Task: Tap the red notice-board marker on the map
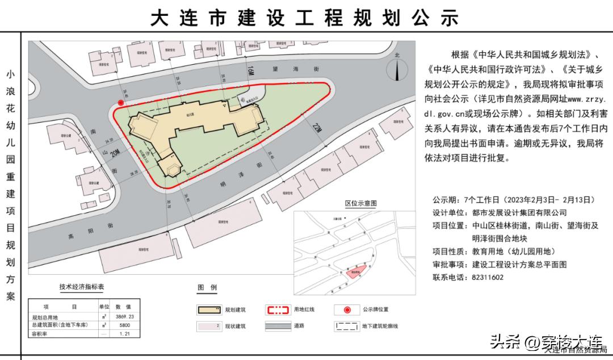click(x=121, y=103)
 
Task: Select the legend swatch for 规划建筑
click(x=209, y=310)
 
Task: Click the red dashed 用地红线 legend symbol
click(x=278, y=310)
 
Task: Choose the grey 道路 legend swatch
click(x=278, y=326)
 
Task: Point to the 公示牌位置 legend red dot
click(x=347, y=310)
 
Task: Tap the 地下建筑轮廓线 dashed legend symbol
click(x=347, y=326)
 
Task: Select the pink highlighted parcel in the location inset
click(x=356, y=271)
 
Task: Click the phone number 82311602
click(x=488, y=277)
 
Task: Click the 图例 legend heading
click(x=207, y=287)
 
